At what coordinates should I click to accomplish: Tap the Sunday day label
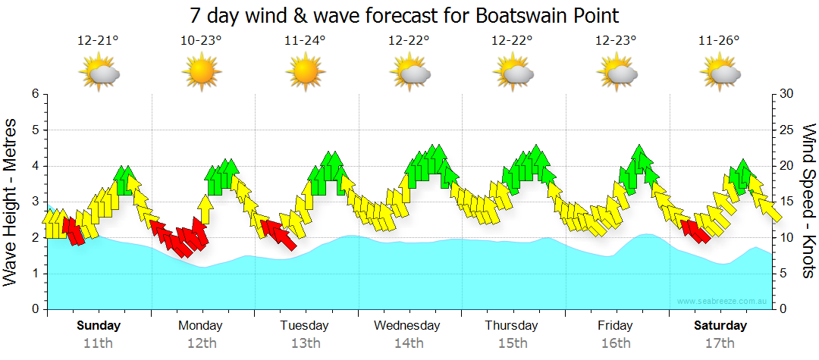99,326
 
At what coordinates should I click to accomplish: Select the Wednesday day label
406,326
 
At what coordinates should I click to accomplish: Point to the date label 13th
305,343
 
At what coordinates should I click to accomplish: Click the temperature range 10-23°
201,41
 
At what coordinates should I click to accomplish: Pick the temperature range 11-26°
719,41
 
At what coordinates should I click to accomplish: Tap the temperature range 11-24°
305,41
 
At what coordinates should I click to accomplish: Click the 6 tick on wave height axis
34,94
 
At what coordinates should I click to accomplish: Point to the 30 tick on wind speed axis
787,94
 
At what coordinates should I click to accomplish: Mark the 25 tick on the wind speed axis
787,130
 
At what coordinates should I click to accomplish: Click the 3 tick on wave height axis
34,202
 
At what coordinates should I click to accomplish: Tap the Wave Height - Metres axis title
11,202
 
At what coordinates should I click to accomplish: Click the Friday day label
615,326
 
